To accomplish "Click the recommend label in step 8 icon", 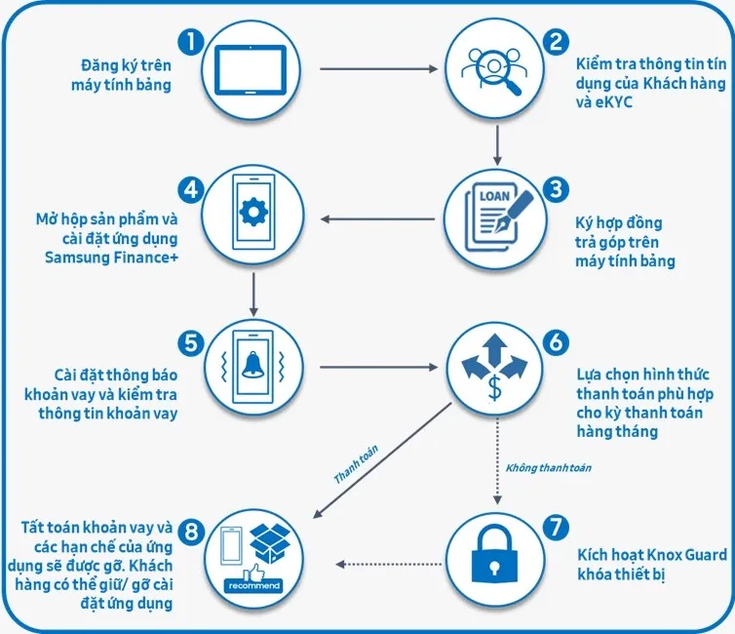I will [x=252, y=585].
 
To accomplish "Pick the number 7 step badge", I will [x=555, y=528].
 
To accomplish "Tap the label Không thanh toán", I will [x=548, y=468].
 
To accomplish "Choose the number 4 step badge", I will [x=191, y=185].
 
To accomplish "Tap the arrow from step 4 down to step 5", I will [x=252, y=294].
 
